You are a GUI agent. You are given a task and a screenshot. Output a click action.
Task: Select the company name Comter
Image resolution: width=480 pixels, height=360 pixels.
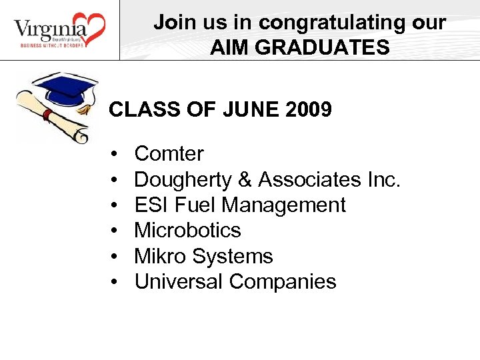coord(169,154)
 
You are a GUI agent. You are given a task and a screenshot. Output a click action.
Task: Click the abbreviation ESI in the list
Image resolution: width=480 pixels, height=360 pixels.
coord(148,205)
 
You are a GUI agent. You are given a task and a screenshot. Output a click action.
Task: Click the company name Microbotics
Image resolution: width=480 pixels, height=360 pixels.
coord(187,231)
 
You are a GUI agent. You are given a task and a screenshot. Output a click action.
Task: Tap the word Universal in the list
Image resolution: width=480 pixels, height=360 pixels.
coord(179,281)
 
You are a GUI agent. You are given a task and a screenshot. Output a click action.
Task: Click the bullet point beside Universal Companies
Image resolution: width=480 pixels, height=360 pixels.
coord(115,282)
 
